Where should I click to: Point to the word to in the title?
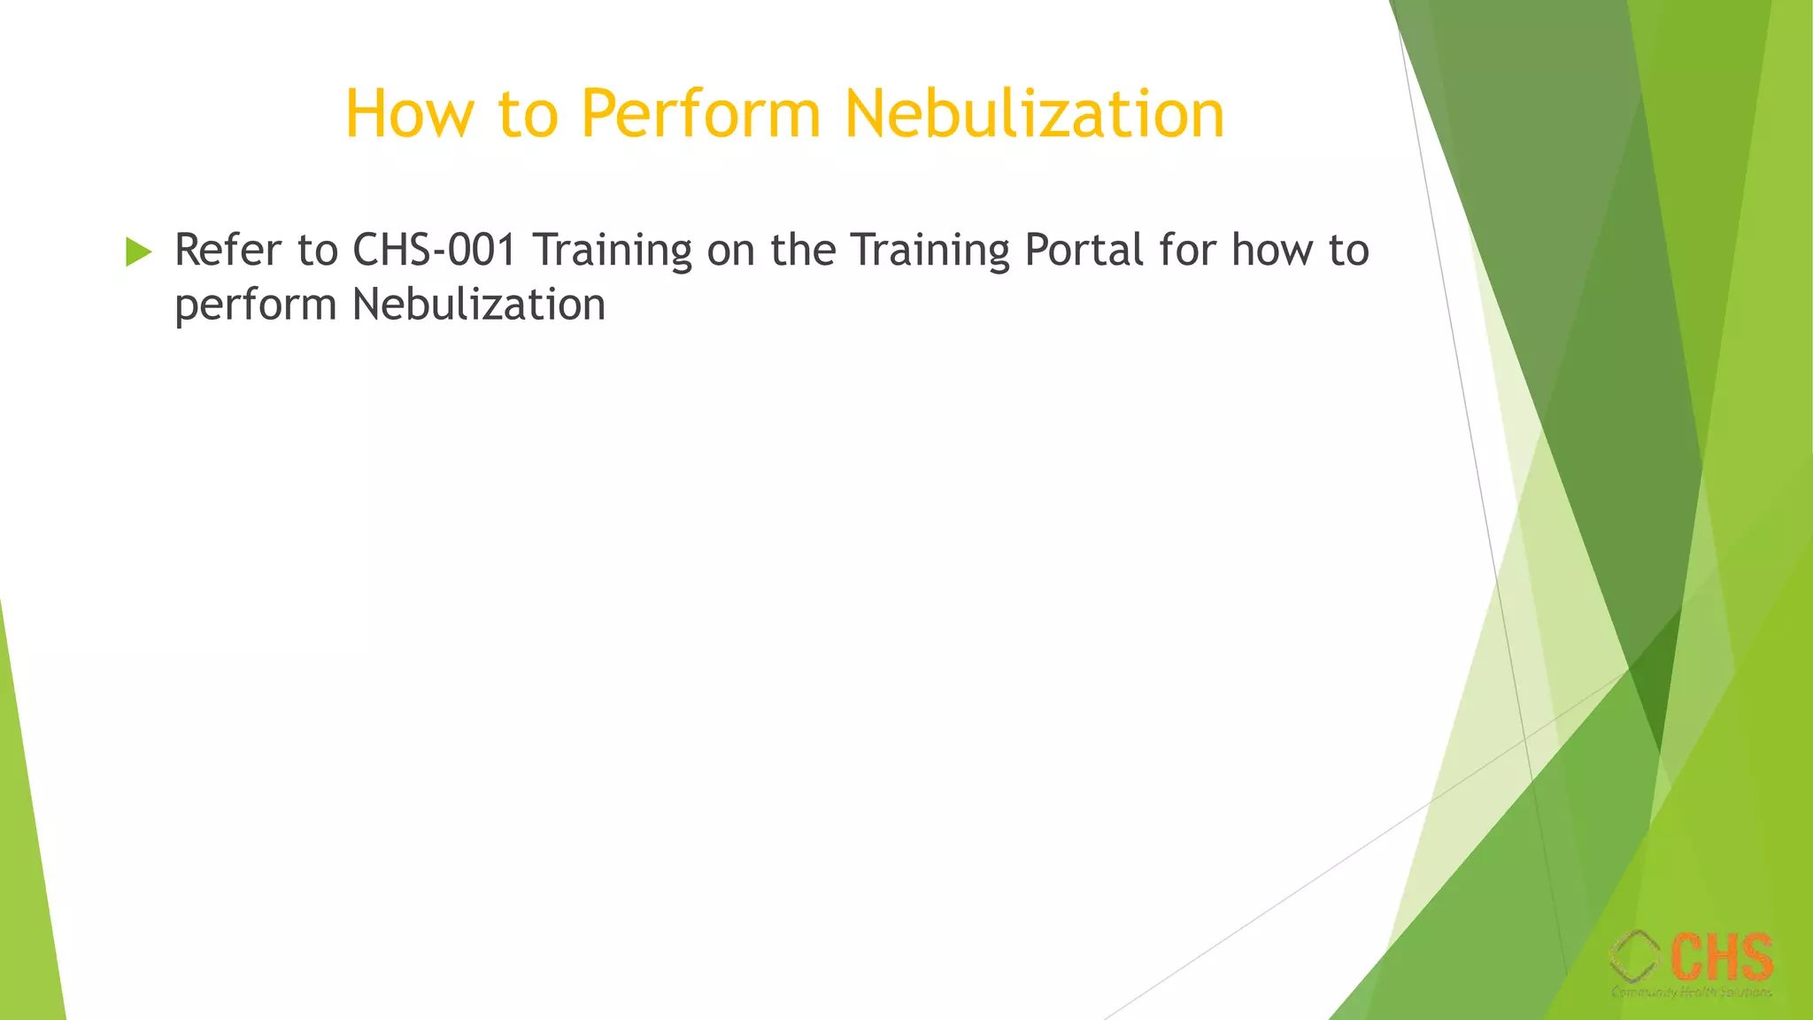(528, 115)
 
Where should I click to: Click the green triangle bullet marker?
(138, 251)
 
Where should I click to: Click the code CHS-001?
(435, 250)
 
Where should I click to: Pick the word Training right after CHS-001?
(612, 251)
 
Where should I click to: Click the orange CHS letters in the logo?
(1722, 956)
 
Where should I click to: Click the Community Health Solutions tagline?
(1692, 992)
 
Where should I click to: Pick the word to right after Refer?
(318, 251)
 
